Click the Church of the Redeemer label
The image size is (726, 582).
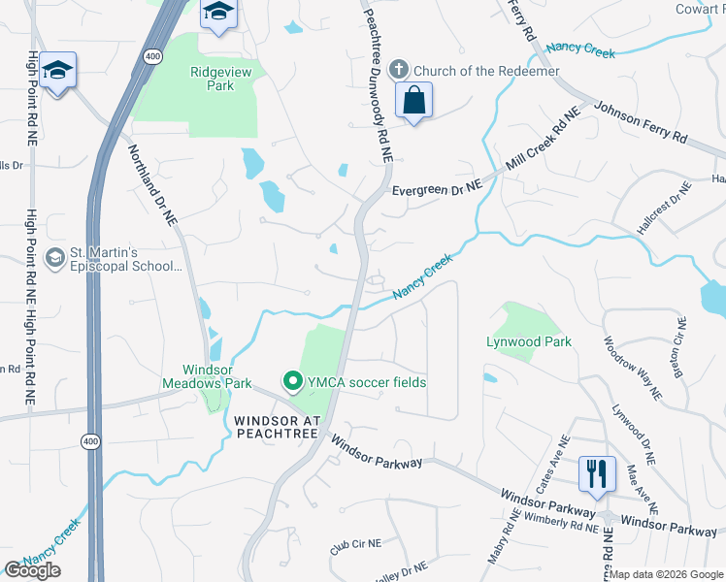click(486, 71)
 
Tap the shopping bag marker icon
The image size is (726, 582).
click(414, 100)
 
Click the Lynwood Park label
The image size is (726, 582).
click(529, 341)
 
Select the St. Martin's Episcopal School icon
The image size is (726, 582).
click(55, 258)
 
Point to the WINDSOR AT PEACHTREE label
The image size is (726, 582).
click(277, 428)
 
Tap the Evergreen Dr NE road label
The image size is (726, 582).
click(437, 191)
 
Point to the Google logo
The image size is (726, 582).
click(32, 570)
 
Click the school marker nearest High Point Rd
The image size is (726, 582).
click(58, 71)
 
